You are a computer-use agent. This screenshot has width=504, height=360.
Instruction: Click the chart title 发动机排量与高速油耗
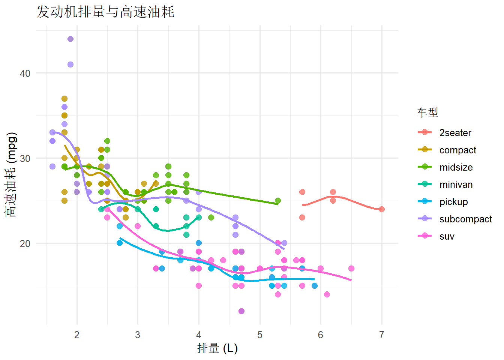105,12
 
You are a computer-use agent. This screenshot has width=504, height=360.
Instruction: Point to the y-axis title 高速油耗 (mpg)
11,175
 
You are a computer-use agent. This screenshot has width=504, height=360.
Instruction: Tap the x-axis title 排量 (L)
217,348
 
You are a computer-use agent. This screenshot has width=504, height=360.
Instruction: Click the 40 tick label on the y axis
25,73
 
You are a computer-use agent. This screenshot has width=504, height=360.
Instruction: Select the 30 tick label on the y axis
25,158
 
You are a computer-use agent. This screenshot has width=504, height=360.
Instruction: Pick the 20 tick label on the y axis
25,243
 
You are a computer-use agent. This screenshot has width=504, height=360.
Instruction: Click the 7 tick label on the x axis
382,335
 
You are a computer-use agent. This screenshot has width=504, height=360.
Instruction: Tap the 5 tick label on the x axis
260,335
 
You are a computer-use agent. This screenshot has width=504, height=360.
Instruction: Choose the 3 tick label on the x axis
138,335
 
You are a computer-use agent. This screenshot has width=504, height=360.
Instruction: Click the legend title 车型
427,112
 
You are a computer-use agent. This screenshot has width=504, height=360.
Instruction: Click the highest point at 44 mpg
70,39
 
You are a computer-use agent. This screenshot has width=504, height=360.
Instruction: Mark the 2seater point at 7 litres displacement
382,209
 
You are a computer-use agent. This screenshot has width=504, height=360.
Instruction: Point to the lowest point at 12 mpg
241,311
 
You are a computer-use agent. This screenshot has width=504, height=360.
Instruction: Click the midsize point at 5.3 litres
278,201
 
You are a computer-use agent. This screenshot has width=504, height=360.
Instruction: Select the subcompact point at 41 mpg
70,64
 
